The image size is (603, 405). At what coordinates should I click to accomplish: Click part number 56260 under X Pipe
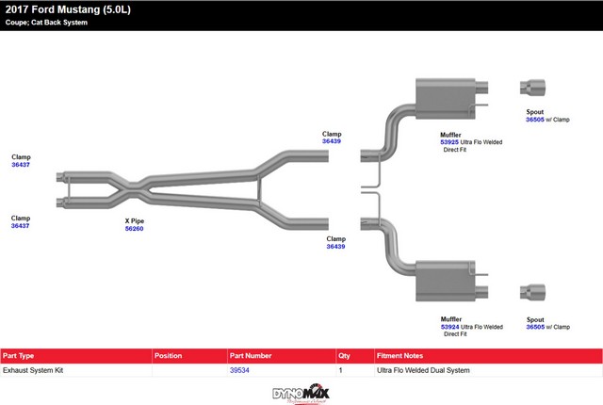pos(134,229)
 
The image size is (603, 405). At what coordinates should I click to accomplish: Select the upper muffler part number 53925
pos(451,142)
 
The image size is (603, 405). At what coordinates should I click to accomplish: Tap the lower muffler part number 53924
pos(451,327)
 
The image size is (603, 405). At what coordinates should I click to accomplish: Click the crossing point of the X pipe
pos(125,187)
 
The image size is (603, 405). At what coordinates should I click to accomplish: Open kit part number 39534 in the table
pos(239,370)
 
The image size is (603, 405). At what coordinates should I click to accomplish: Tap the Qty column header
pos(344,356)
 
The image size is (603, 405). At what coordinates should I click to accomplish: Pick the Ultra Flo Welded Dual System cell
pos(423,370)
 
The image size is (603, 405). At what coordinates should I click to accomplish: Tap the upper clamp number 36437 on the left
pos(21,165)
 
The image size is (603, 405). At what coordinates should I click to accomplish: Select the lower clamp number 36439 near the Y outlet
pos(336,247)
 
